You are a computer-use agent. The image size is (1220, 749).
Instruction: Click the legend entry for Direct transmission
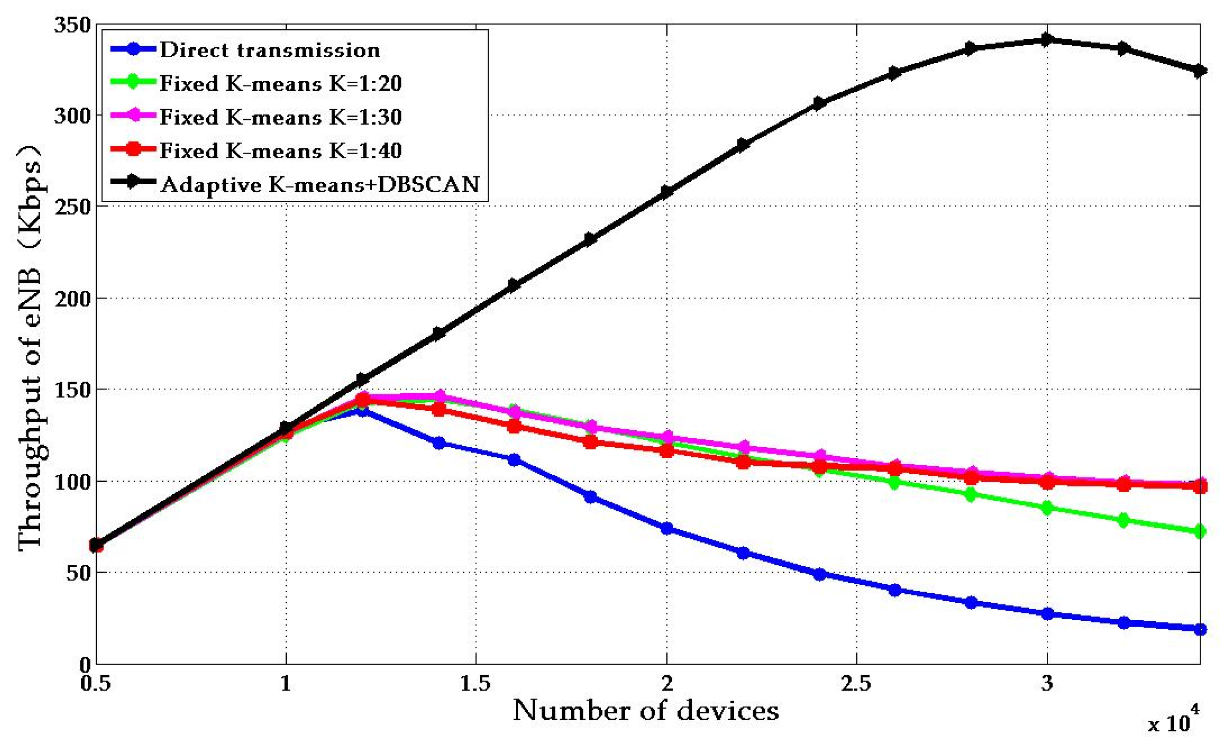(x=270, y=50)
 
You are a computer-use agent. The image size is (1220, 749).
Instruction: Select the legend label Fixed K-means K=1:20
(x=280, y=83)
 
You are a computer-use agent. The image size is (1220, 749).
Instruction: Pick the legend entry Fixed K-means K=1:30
(x=280, y=117)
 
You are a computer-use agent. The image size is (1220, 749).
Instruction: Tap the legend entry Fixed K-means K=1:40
(x=280, y=150)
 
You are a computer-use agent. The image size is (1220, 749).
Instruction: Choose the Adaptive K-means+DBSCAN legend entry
(x=320, y=184)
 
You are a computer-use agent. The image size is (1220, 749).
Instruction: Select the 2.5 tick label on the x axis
(x=856, y=683)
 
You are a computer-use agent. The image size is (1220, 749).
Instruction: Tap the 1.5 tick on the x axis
(x=475, y=683)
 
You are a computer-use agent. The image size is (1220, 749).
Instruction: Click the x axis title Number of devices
(x=645, y=710)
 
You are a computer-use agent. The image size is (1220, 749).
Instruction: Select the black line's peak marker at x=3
(x=1046, y=40)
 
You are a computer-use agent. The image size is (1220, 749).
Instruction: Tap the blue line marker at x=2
(x=666, y=528)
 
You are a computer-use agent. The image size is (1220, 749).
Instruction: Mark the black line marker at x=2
(x=666, y=191)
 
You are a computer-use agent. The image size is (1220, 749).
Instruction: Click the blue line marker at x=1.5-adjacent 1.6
(x=514, y=460)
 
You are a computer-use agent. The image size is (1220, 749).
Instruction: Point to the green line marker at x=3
(x=1046, y=508)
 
